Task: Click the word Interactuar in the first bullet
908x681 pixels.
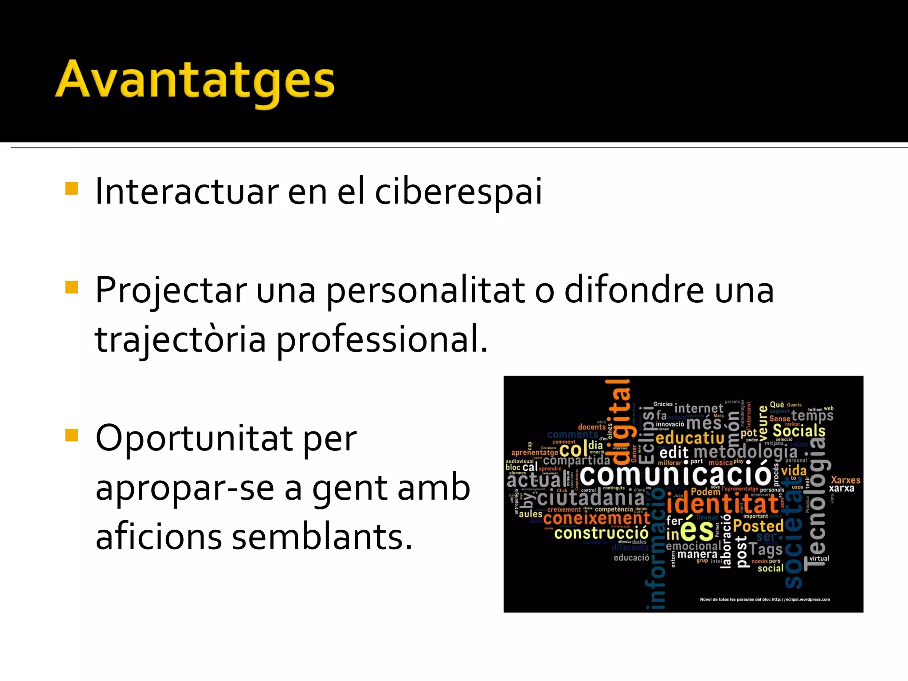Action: click(186, 192)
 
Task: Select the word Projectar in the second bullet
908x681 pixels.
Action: click(171, 291)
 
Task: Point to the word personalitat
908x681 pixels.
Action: click(426, 291)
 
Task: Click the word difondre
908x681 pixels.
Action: click(634, 290)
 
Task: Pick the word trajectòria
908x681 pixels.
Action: click(180, 340)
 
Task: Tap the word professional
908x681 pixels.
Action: click(381, 340)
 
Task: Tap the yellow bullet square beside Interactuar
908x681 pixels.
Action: click(71, 188)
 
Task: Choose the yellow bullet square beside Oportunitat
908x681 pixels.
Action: click(71, 435)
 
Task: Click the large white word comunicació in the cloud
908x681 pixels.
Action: click(676, 475)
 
